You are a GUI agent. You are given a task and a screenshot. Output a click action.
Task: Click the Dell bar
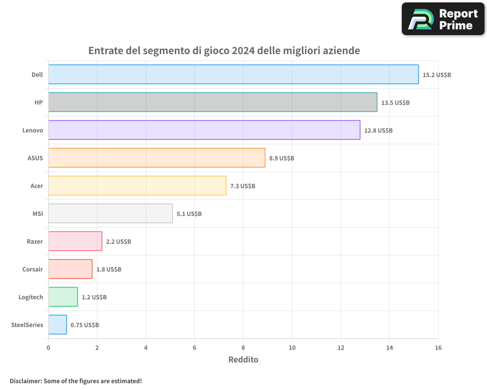233,75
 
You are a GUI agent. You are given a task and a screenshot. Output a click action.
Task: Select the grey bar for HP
212,102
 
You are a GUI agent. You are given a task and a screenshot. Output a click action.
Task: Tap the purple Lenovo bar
204,130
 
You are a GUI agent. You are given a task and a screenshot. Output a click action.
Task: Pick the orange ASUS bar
156,158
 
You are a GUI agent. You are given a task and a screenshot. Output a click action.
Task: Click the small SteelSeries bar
57,325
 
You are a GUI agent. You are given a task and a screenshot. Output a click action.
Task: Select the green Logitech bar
63,297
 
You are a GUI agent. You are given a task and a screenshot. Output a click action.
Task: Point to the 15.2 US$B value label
437,75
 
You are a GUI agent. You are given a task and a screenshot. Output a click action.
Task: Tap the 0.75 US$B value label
85,325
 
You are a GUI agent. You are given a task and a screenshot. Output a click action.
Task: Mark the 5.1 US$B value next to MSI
189,214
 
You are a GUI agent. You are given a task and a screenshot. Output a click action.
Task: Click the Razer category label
35,241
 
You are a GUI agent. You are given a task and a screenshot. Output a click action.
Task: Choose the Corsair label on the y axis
33,269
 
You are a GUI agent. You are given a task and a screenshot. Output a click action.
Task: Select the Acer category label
37,186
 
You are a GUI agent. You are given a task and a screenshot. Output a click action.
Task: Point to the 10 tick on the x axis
292,348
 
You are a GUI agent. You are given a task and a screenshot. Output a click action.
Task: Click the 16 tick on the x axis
438,348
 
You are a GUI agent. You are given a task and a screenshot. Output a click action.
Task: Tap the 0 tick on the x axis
48,348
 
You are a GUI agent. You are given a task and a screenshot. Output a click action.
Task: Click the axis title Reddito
243,360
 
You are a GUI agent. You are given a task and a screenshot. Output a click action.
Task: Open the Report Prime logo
443,19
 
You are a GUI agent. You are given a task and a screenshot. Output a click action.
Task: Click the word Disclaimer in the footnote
25,381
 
